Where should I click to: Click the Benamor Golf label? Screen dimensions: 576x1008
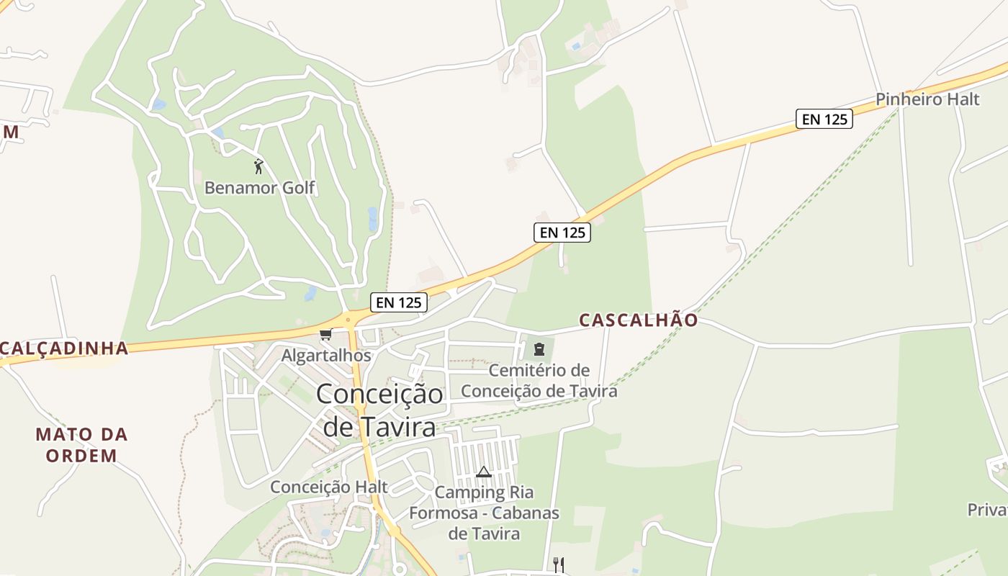tap(260, 188)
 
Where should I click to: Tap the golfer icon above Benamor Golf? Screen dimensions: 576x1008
tap(258, 167)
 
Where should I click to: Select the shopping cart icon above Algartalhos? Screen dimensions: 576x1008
tap(325, 335)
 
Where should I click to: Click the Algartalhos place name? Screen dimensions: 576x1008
tap(326, 355)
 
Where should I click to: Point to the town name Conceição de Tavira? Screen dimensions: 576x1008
tap(379, 410)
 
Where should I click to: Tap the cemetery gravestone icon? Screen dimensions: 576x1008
tap(539, 350)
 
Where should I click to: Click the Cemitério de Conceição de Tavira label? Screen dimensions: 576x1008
tap(539, 381)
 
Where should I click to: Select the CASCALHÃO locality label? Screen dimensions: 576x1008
tap(639, 320)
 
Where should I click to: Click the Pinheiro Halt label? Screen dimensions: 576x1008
tap(928, 99)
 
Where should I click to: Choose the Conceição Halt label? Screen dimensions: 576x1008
tap(329, 487)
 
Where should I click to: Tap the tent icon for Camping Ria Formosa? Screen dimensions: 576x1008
tap(483, 472)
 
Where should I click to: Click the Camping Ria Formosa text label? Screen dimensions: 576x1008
tap(484, 513)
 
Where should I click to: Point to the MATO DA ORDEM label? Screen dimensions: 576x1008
tap(81, 444)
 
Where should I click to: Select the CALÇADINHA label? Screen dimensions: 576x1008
tap(63, 348)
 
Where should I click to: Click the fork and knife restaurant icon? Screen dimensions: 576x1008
tap(558, 564)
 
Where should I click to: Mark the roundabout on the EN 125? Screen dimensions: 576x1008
tap(348, 319)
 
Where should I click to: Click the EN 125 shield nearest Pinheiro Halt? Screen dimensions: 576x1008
tap(824, 119)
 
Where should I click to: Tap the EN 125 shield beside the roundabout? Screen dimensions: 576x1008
tap(399, 302)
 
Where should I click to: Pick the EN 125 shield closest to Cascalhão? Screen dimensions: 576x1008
tap(562, 232)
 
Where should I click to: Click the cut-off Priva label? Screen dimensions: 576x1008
tap(987, 510)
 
